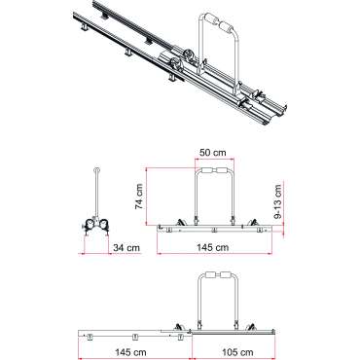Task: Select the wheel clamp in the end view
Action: pos(94,224)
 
